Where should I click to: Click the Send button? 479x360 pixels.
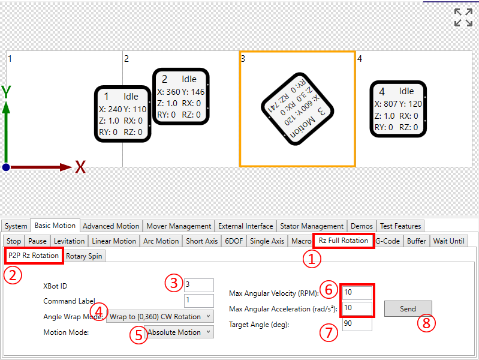408,308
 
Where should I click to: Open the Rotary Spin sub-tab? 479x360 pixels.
84,256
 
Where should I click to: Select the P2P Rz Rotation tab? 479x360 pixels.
34,256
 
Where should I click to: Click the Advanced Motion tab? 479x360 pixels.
111,226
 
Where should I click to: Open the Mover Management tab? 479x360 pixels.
179,226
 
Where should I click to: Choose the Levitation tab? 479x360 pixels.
70,241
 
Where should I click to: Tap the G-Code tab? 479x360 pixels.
388,241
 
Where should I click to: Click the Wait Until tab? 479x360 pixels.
449,241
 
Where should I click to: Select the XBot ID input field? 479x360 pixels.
199,285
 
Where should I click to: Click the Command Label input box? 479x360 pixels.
199,301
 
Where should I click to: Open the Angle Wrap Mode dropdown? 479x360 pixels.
160,317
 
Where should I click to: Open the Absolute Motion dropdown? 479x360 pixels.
180,332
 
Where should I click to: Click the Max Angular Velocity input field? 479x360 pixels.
357,292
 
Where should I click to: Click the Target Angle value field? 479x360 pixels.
357,323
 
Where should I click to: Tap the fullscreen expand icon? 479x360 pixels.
463,17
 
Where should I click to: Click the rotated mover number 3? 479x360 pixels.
297,109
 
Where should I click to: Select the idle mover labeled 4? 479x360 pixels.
398,109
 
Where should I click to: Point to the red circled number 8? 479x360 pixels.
426,323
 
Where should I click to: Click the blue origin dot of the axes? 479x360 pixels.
6,167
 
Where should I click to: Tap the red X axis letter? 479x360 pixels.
80,167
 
